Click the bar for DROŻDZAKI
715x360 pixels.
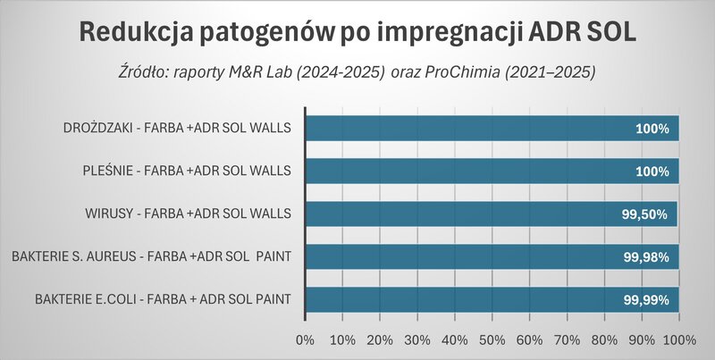[x=492, y=129]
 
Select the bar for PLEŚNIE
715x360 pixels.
[x=492, y=171]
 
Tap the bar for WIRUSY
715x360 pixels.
[x=491, y=213]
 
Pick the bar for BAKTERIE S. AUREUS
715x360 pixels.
[x=492, y=256]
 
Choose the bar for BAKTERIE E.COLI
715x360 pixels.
[x=492, y=299]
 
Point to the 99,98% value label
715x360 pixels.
[x=645, y=257]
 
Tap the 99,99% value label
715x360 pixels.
[x=645, y=300]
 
